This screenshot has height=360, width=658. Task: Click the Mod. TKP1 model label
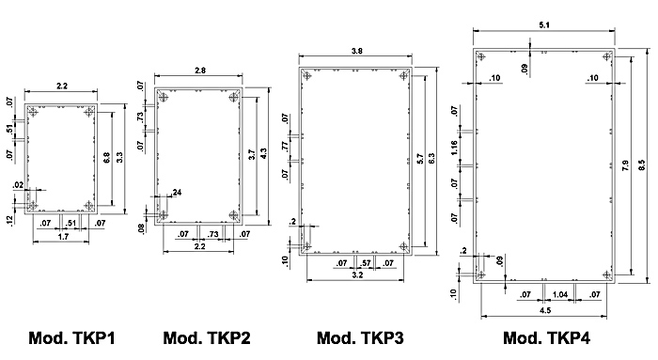click(71, 337)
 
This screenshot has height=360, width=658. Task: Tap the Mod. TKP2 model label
click(207, 337)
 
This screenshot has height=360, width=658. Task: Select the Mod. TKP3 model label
click(360, 337)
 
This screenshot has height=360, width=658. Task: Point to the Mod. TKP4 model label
click(546, 337)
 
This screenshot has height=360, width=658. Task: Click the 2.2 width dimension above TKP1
click(62, 86)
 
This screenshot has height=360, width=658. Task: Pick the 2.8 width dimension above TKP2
click(200, 70)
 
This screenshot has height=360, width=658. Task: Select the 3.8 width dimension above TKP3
click(356, 51)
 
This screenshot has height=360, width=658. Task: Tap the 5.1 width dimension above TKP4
click(544, 25)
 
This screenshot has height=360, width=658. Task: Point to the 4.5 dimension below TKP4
click(544, 310)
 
